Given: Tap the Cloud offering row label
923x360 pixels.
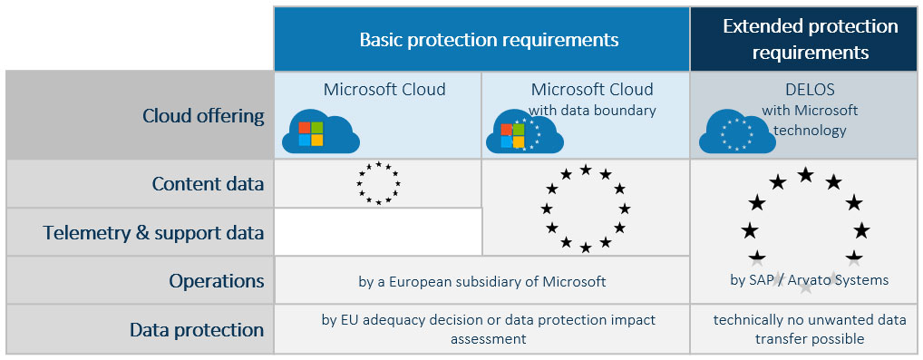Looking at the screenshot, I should click(x=203, y=115).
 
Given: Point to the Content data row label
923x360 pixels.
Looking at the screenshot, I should click(x=208, y=184).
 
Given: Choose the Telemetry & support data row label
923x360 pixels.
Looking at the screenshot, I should click(x=153, y=233).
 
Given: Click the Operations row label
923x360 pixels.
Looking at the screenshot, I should click(x=216, y=281).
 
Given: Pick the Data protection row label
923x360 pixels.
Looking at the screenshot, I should click(x=197, y=329).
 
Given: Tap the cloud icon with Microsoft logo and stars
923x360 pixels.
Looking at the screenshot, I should click(x=525, y=134).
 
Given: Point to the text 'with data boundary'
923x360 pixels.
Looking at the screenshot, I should click(x=592, y=111).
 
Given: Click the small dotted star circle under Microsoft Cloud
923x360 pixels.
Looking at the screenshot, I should click(x=378, y=183).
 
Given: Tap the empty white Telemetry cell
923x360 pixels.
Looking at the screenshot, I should click(x=378, y=232).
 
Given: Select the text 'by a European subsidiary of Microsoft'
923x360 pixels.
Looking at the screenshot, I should click(x=481, y=281).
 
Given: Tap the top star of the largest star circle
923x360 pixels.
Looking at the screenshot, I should click(x=804, y=174).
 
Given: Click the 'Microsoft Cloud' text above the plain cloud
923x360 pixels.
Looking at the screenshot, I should click(x=384, y=90).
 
